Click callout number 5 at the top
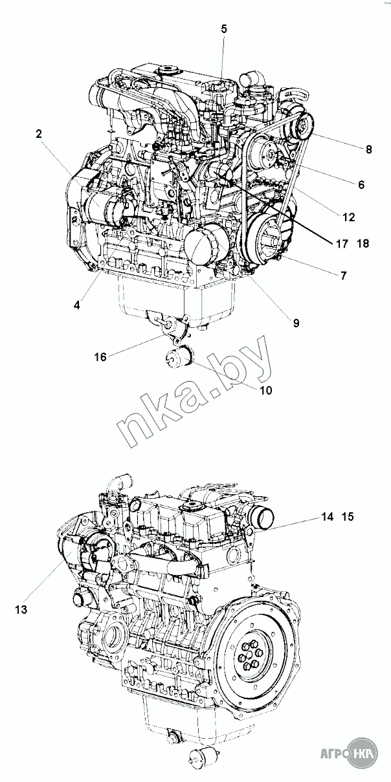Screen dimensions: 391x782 pyautogui.click(x=224, y=29)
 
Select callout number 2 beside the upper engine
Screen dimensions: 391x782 pyautogui.click(x=39, y=134)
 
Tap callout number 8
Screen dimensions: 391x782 pyautogui.click(x=368, y=149)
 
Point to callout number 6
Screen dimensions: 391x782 pyautogui.click(x=361, y=184)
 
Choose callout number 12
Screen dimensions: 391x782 pyautogui.click(x=349, y=217)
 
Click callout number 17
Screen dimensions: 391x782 pyautogui.click(x=342, y=244)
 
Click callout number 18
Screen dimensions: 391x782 pyautogui.click(x=363, y=244)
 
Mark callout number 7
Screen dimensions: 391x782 pyautogui.click(x=344, y=276)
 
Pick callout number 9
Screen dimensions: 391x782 pyautogui.click(x=296, y=323)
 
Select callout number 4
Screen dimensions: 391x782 pyautogui.click(x=77, y=305)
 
